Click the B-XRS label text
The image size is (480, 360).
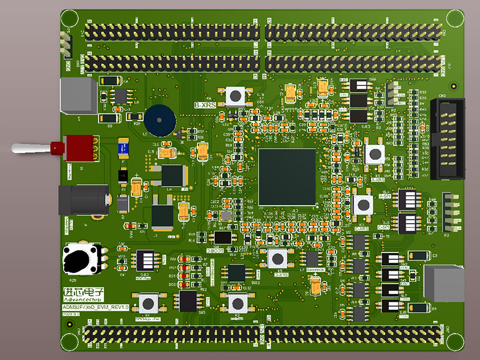pyautogui.click(x=205, y=105)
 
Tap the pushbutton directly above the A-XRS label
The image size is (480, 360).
pyautogui.click(x=376, y=154)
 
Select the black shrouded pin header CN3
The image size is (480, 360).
pyautogui.click(x=448, y=139)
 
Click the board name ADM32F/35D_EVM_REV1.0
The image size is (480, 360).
pyautogui.click(x=96, y=307)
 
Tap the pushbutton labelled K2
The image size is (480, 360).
pyautogui.click(x=237, y=302)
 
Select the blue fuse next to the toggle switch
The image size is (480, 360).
pyautogui.click(x=124, y=146)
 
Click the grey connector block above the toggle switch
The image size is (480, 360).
pyautogui.click(x=78, y=96)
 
